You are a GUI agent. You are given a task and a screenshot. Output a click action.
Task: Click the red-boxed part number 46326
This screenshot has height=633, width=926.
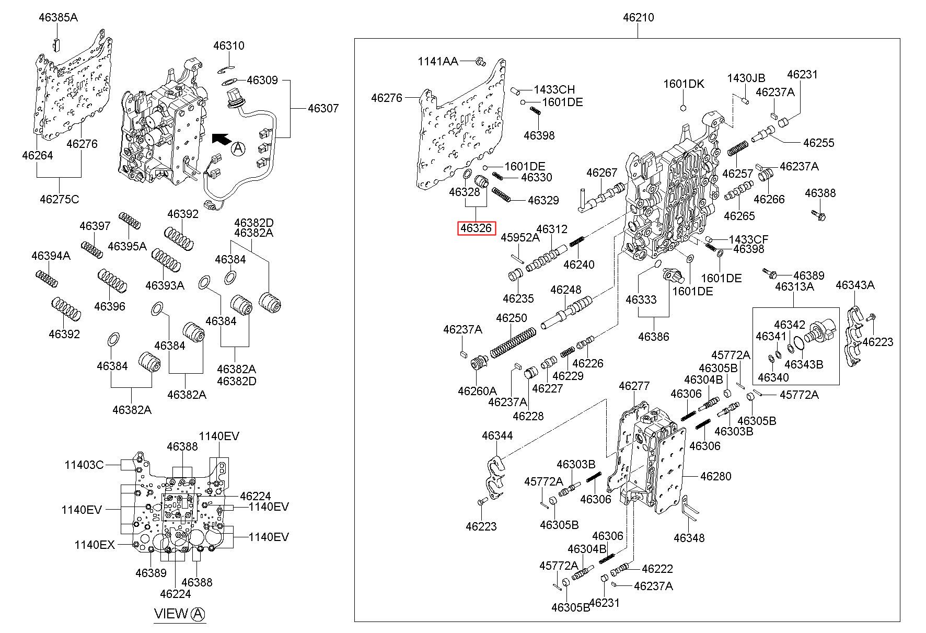coord(476,228)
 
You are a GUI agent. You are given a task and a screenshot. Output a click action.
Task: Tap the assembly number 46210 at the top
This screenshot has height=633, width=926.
coord(638,18)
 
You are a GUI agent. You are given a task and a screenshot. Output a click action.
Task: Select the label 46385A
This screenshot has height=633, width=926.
coord(58,18)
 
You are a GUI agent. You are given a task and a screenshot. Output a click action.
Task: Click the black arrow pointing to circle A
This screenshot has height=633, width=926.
coord(221,139)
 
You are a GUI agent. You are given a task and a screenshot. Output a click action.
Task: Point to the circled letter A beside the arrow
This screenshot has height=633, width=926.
coord(238,149)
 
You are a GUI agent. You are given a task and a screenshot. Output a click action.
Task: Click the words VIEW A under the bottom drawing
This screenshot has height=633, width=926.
coord(179,614)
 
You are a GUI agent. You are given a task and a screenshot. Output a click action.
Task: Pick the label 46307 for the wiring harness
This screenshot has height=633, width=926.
coord(323,109)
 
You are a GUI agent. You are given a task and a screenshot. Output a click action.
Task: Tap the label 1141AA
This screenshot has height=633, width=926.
coord(438,62)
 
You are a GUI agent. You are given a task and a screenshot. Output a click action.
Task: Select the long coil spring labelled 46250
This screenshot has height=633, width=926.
coord(513,342)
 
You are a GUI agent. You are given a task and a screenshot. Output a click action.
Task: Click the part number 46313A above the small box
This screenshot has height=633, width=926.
coord(794,287)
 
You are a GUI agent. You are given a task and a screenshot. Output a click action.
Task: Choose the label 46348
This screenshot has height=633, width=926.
coord(689,538)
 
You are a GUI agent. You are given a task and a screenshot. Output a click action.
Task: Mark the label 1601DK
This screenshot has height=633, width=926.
coord(684,84)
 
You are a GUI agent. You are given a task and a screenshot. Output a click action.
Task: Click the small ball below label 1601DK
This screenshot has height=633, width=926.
coord(682,108)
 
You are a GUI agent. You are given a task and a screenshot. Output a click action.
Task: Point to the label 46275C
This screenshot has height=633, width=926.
coord(60,199)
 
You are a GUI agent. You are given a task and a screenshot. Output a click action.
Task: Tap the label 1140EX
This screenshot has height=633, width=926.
coord(94,545)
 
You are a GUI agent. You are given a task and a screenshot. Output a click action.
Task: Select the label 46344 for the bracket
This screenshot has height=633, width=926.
coord(497,435)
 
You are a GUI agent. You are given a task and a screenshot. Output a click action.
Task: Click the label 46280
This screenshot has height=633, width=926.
coord(715,476)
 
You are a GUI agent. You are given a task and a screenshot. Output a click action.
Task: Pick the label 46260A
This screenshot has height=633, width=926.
coord(477,390)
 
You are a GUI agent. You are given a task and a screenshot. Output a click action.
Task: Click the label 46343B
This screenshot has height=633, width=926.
coord(804,364)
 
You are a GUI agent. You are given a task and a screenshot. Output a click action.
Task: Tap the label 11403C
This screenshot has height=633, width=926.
coord(84,464)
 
